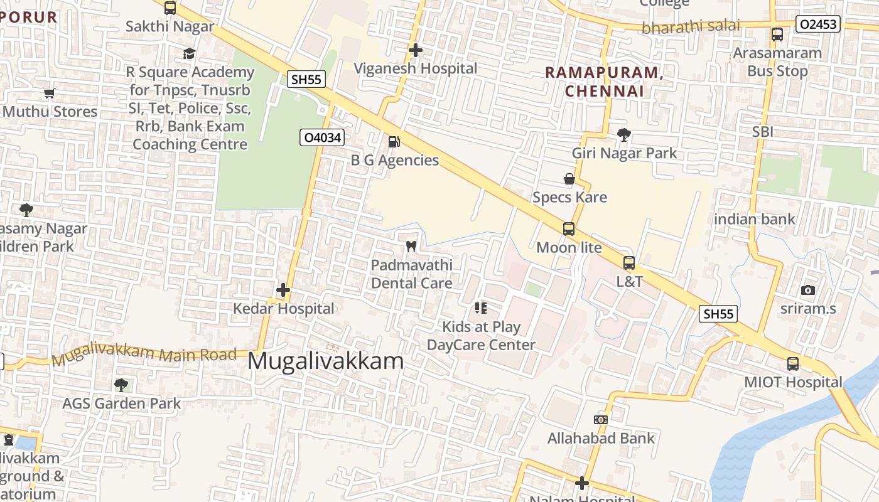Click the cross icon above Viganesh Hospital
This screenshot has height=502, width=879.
click(x=415, y=50)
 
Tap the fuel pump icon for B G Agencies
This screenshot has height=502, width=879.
click(x=394, y=142)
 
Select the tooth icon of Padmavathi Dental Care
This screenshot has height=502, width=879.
click(x=411, y=246)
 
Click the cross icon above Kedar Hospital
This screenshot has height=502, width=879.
click(x=283, y=290)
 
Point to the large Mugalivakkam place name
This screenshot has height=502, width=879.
click(x=326, y=361)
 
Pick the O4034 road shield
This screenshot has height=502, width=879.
click(x=321, y=137)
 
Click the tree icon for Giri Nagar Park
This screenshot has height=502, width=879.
click(x=624, y=134)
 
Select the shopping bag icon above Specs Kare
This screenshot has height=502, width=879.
click(x=569, y=179)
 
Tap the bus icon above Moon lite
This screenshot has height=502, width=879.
click(x=569, y=229)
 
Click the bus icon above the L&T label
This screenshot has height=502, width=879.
click(x=629, y=263)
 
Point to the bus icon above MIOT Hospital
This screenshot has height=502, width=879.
click(x=793, y=363)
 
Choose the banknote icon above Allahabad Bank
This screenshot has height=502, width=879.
click(x=601, y=419)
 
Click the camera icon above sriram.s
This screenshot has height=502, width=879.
click(x=808, y=290)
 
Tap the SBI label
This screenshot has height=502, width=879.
click(x=763, y=132)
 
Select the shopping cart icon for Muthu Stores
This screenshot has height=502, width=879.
click(x=50, y=93)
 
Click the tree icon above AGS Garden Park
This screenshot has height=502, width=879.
click(x=121, y=385)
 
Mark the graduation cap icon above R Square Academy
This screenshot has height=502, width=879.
click(x=190, y=53)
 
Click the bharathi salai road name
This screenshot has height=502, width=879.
click(x=691, y=27)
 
